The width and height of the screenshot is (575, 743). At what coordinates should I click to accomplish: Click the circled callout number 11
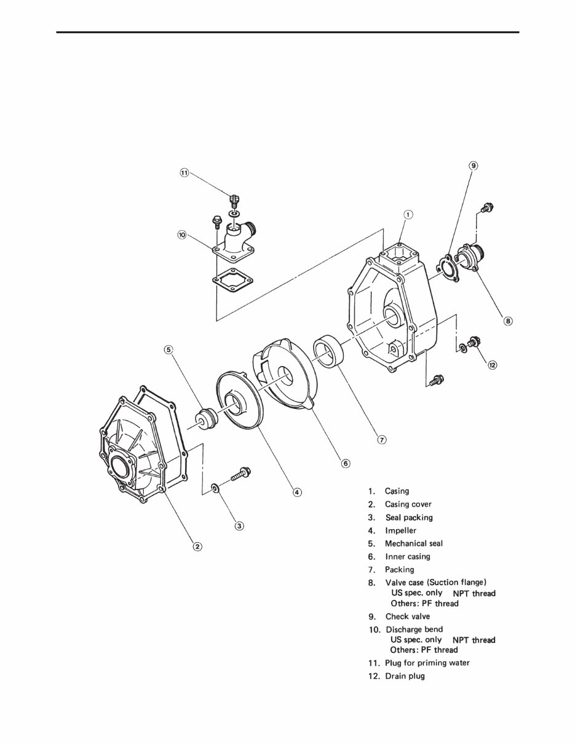tap(184, 173)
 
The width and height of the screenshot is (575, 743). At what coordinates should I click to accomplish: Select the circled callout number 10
tap(182, 235)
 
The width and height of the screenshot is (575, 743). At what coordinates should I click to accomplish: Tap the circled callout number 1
tap(408, 214)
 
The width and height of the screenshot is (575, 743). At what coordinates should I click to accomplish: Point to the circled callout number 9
tap(473, 165)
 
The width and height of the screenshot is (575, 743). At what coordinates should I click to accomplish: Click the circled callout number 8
tap(508, 321)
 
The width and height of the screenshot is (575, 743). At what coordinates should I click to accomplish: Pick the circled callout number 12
tap(492, 365)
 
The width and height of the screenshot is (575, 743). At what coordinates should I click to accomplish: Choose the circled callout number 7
tap(381, 439)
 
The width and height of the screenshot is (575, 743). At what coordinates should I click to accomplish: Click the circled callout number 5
tap(169, 350)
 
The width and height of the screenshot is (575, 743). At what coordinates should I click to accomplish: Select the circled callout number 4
tap(296, 491)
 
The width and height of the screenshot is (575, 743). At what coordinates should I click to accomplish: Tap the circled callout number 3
tap(239, 525)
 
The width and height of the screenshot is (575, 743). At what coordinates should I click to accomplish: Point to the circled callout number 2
tap(197, 546)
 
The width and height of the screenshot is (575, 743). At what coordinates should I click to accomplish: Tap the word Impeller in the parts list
tap(400, 531)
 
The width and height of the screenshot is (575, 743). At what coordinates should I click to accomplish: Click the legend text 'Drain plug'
tap(404, 676)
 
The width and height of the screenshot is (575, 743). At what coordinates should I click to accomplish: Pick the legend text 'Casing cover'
tap(408, 504)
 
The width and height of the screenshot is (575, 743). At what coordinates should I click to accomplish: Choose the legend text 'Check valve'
tap(407, 617)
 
